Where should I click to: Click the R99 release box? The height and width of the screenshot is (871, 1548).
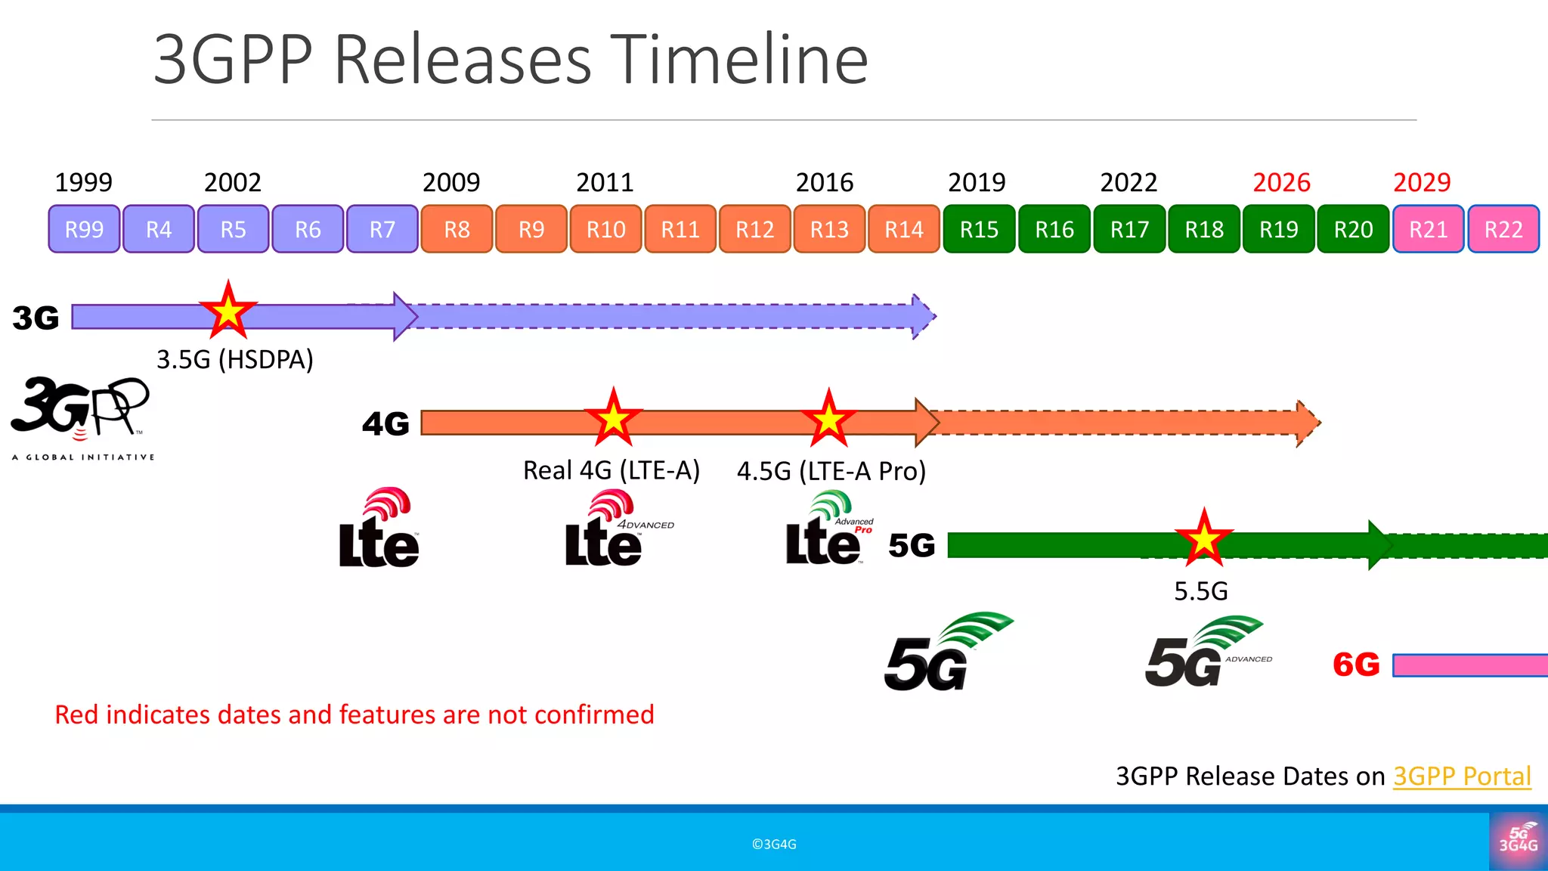click(84, 229)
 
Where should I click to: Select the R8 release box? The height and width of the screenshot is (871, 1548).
click(457, 229)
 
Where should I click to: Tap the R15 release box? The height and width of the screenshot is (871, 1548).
click(979, 229)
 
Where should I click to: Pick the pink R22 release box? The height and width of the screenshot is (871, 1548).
click(1503, 229)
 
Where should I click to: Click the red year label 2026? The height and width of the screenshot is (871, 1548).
click(1281, 182)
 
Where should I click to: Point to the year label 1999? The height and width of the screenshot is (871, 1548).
click(83, 182)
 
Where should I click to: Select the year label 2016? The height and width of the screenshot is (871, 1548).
click(824, 182)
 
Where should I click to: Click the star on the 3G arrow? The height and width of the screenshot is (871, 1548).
click(228, 311)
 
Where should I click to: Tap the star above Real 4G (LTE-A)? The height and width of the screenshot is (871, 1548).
click(613, 418)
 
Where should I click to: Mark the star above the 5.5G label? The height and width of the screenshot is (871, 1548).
click(1203, 539)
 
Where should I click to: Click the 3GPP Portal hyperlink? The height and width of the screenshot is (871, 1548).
click(1461, 776)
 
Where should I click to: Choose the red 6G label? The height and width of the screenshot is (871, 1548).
click(1356, 665)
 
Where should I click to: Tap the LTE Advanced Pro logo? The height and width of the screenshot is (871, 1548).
click(828, 529)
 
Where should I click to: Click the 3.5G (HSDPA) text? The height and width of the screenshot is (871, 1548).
click(234, 359)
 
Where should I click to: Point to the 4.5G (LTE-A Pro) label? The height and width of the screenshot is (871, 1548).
click(831, 471)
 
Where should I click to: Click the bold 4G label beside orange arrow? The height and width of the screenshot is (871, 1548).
click(385, 423)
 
